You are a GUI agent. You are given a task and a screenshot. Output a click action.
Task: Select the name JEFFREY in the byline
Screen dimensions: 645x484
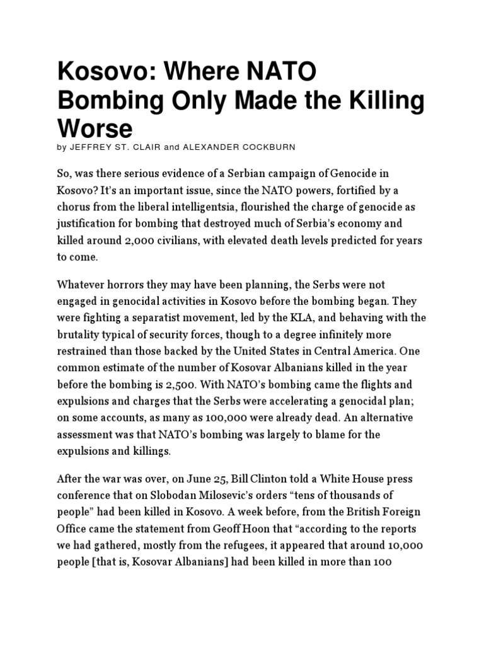click(92, 147)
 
